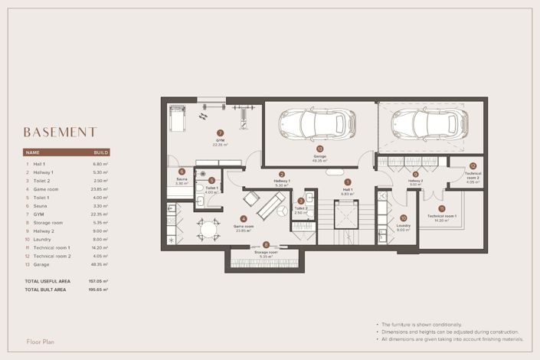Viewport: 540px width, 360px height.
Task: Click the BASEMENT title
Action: tap(60, 132)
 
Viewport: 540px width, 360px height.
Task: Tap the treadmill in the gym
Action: tap(178, 119)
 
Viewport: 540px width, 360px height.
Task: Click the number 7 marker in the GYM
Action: tap(220, 133)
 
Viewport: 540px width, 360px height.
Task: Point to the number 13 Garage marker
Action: tap(319, 149)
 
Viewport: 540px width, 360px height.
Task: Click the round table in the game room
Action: tap(206, 228)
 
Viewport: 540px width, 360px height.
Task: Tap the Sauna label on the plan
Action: tap(182, 180)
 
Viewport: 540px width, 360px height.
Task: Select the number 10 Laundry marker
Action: tap(403, 218)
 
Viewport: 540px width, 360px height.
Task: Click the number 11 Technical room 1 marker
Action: tap(441, 208)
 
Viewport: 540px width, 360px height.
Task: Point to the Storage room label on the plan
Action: tap(266, 252)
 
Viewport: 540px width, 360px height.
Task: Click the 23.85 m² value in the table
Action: tap(100, 188)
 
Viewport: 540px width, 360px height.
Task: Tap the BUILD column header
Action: tap(101, 153)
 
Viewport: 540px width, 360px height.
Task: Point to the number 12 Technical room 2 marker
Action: tap(473, 165)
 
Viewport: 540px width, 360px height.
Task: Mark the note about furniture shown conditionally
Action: tap(428, 324)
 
